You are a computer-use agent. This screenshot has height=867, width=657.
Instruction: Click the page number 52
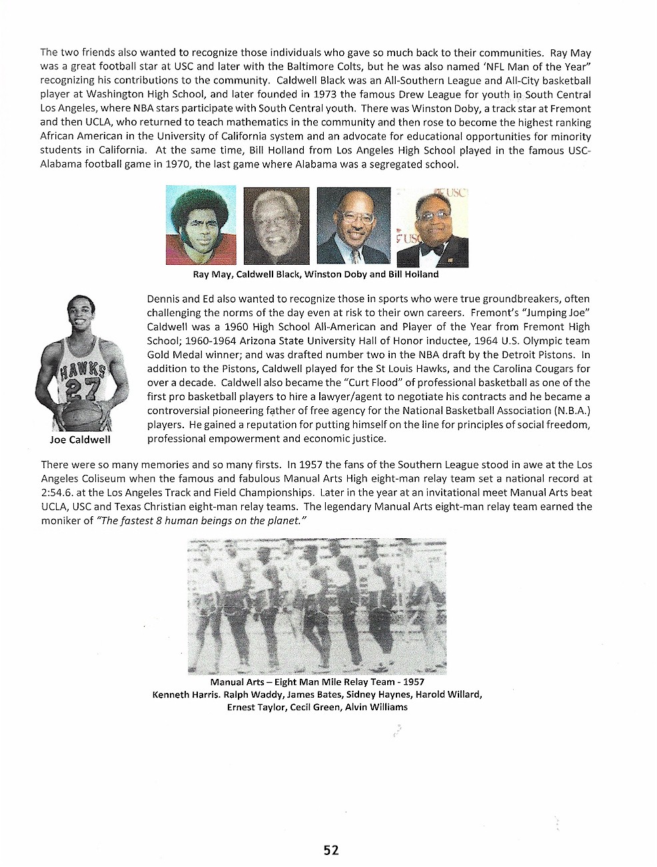click(x=331, y=850)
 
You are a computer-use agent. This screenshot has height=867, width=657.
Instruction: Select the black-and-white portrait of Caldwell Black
click(x=277, y=225)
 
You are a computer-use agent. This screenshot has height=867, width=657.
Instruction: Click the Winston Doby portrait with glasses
click(x=353, y=225)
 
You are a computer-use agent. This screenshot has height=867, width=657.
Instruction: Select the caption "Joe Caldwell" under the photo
click(x=80, y=440)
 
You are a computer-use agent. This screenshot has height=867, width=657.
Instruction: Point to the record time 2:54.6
click(x=57, y=492)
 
